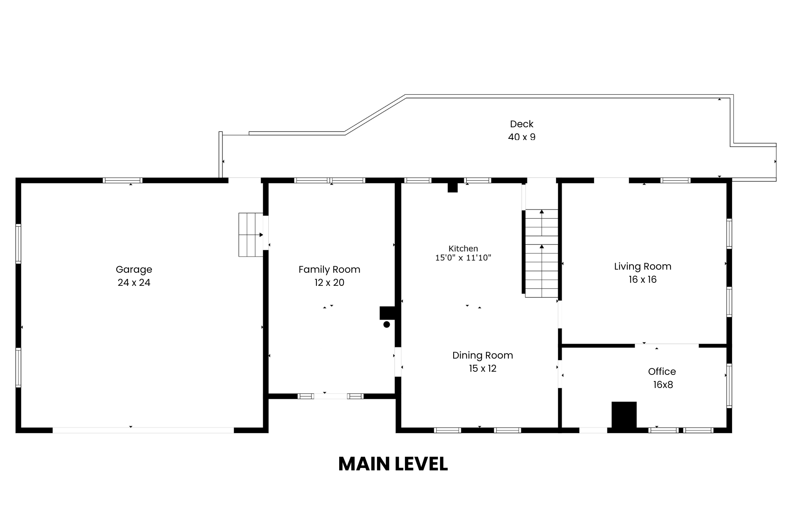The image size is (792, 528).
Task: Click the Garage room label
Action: tap(134, 270)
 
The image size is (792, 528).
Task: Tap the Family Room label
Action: tap(329, 270)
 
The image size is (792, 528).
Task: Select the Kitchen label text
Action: tap(463, 249)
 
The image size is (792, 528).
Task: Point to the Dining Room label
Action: tap(483, 355)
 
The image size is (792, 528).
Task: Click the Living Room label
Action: tap(642, 267)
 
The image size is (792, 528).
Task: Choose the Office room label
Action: tap(662, 372)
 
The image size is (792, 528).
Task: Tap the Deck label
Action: tap(522, 124)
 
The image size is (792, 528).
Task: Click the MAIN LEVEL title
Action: tap(393, 464)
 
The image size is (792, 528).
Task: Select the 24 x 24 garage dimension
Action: tap(134, 283)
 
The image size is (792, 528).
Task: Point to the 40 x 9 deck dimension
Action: tap(522, 137)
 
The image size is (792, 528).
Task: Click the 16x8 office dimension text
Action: tap(663, 385)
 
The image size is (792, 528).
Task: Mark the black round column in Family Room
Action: tap(386, 325)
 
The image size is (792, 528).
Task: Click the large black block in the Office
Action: tap(624, 415)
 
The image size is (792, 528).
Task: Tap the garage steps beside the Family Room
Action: tap(251, 235)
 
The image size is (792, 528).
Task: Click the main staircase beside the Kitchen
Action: tap(541, 253)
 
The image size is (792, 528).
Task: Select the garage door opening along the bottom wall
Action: tap(143, 430)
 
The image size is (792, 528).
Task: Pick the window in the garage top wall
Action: tap(123, 180)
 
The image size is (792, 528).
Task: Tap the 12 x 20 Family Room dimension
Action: tap(329, 283)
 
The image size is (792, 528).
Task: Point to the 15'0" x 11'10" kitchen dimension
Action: tap(463, 258)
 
